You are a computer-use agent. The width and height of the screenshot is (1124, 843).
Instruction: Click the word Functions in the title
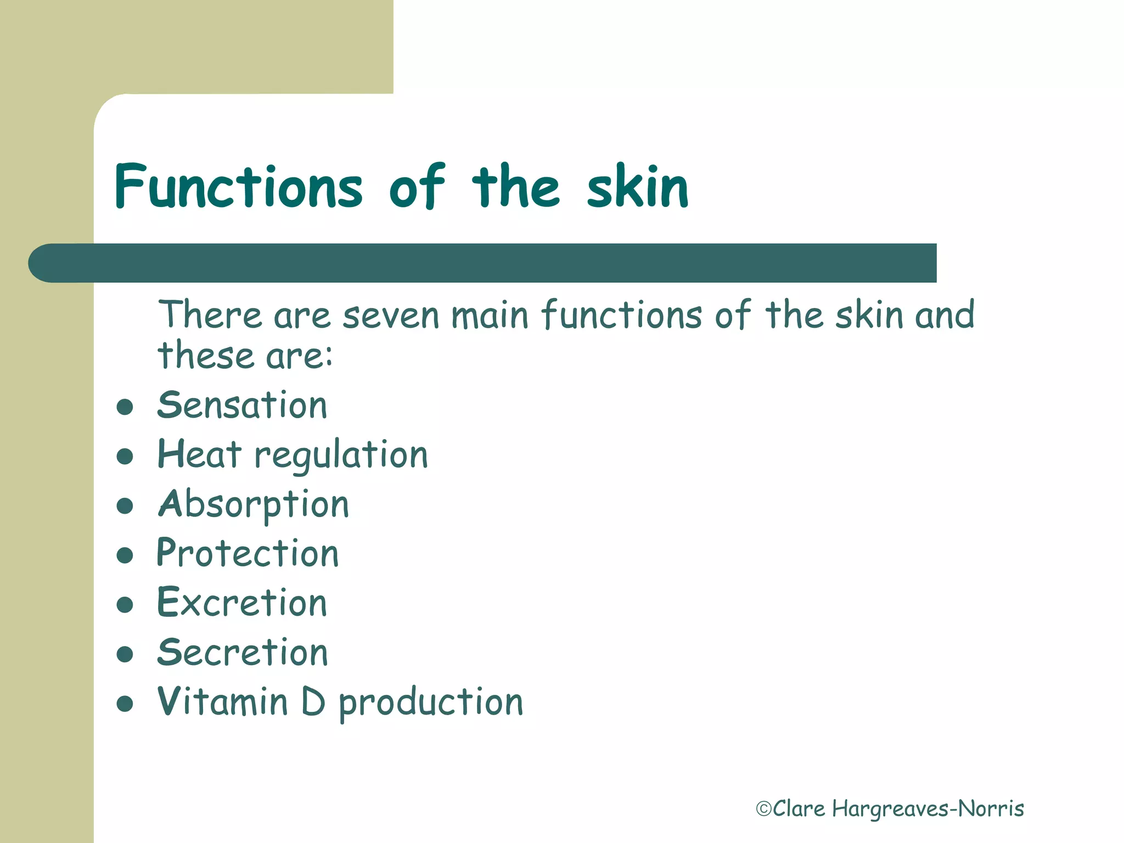click(239, 187)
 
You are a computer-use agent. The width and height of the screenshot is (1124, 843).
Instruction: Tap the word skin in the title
click(637, 187)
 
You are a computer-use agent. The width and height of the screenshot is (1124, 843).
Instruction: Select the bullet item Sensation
click(242, 406)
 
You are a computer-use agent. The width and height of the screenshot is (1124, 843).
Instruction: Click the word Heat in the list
click(199, 455)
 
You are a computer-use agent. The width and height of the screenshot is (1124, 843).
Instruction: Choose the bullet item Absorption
click(253, 505)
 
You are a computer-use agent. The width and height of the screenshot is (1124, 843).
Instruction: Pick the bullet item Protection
click(248, 553)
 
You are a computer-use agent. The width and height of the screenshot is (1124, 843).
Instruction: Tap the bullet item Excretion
click(242, 603)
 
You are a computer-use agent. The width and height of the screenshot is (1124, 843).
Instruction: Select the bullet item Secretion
click(243, 653)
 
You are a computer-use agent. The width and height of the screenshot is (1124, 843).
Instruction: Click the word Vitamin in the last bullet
click(222, 702)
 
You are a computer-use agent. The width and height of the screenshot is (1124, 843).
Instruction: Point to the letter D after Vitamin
click(313, 702)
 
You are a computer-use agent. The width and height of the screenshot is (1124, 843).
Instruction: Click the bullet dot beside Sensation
click(125, 407)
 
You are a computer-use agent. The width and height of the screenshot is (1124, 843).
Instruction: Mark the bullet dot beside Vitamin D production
click(125, 704)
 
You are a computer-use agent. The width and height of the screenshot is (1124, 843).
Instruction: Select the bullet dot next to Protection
click(125, 555)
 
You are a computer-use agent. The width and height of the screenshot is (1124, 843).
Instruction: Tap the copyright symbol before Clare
click(764, 809)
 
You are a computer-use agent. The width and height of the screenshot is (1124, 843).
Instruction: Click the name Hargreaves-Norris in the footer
click(928, 809)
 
